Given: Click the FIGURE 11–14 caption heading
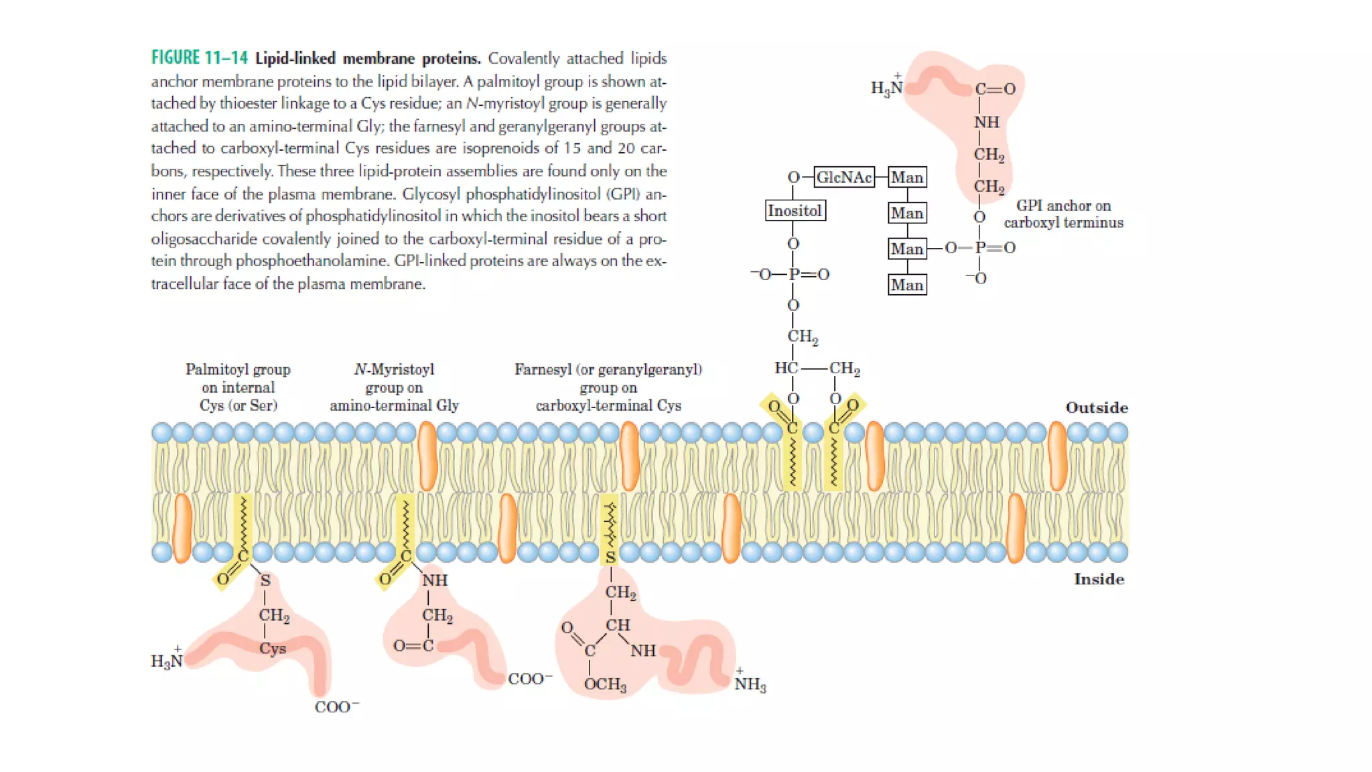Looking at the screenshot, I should pyautogui.click(x=199, y=58).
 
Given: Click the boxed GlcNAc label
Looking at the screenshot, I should pyautogui.click(x=844, y=178).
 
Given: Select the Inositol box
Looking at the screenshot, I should pyautogui.click(x=795, y=211).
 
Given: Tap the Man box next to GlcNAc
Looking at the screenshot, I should pyautogui.click(x=907, y=178).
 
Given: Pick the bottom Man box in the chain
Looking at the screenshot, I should pyautogui.click(x=907, y=285).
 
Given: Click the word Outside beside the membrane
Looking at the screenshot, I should pyautogui.click(x=1097, y=407).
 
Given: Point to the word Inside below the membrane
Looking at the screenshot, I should pyautogui.click(x=1099, y=580).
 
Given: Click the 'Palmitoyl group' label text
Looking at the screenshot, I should pyautogui.click(x=238, y=369).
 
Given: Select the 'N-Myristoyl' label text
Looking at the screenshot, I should pyautogui.click(x=394, y=369).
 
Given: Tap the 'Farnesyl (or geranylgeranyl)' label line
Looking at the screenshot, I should pyautogui.click(x=608, y=369).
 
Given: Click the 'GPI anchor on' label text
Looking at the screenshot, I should pyautogui.click(x=1063, y=206).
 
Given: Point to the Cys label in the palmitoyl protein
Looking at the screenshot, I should pyautogui.click(x=273, y=649).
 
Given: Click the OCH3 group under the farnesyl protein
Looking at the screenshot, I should pyautogui.click(x=605, y=684).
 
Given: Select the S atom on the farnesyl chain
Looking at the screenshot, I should pyautogui.click(x=610, y=557).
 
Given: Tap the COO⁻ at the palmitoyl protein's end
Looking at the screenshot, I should pyautogui.click(x=336, y=707).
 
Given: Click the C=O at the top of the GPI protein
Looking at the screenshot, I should pyautogui.click(x=995, y=89).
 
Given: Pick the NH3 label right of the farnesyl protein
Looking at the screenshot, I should pyautogui.click(x=750, y=684).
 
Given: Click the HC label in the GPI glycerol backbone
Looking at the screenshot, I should pyautogui.click(x=786, y=368).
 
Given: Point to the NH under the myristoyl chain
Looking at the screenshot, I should pyautogui.click(x=435, y=580).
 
